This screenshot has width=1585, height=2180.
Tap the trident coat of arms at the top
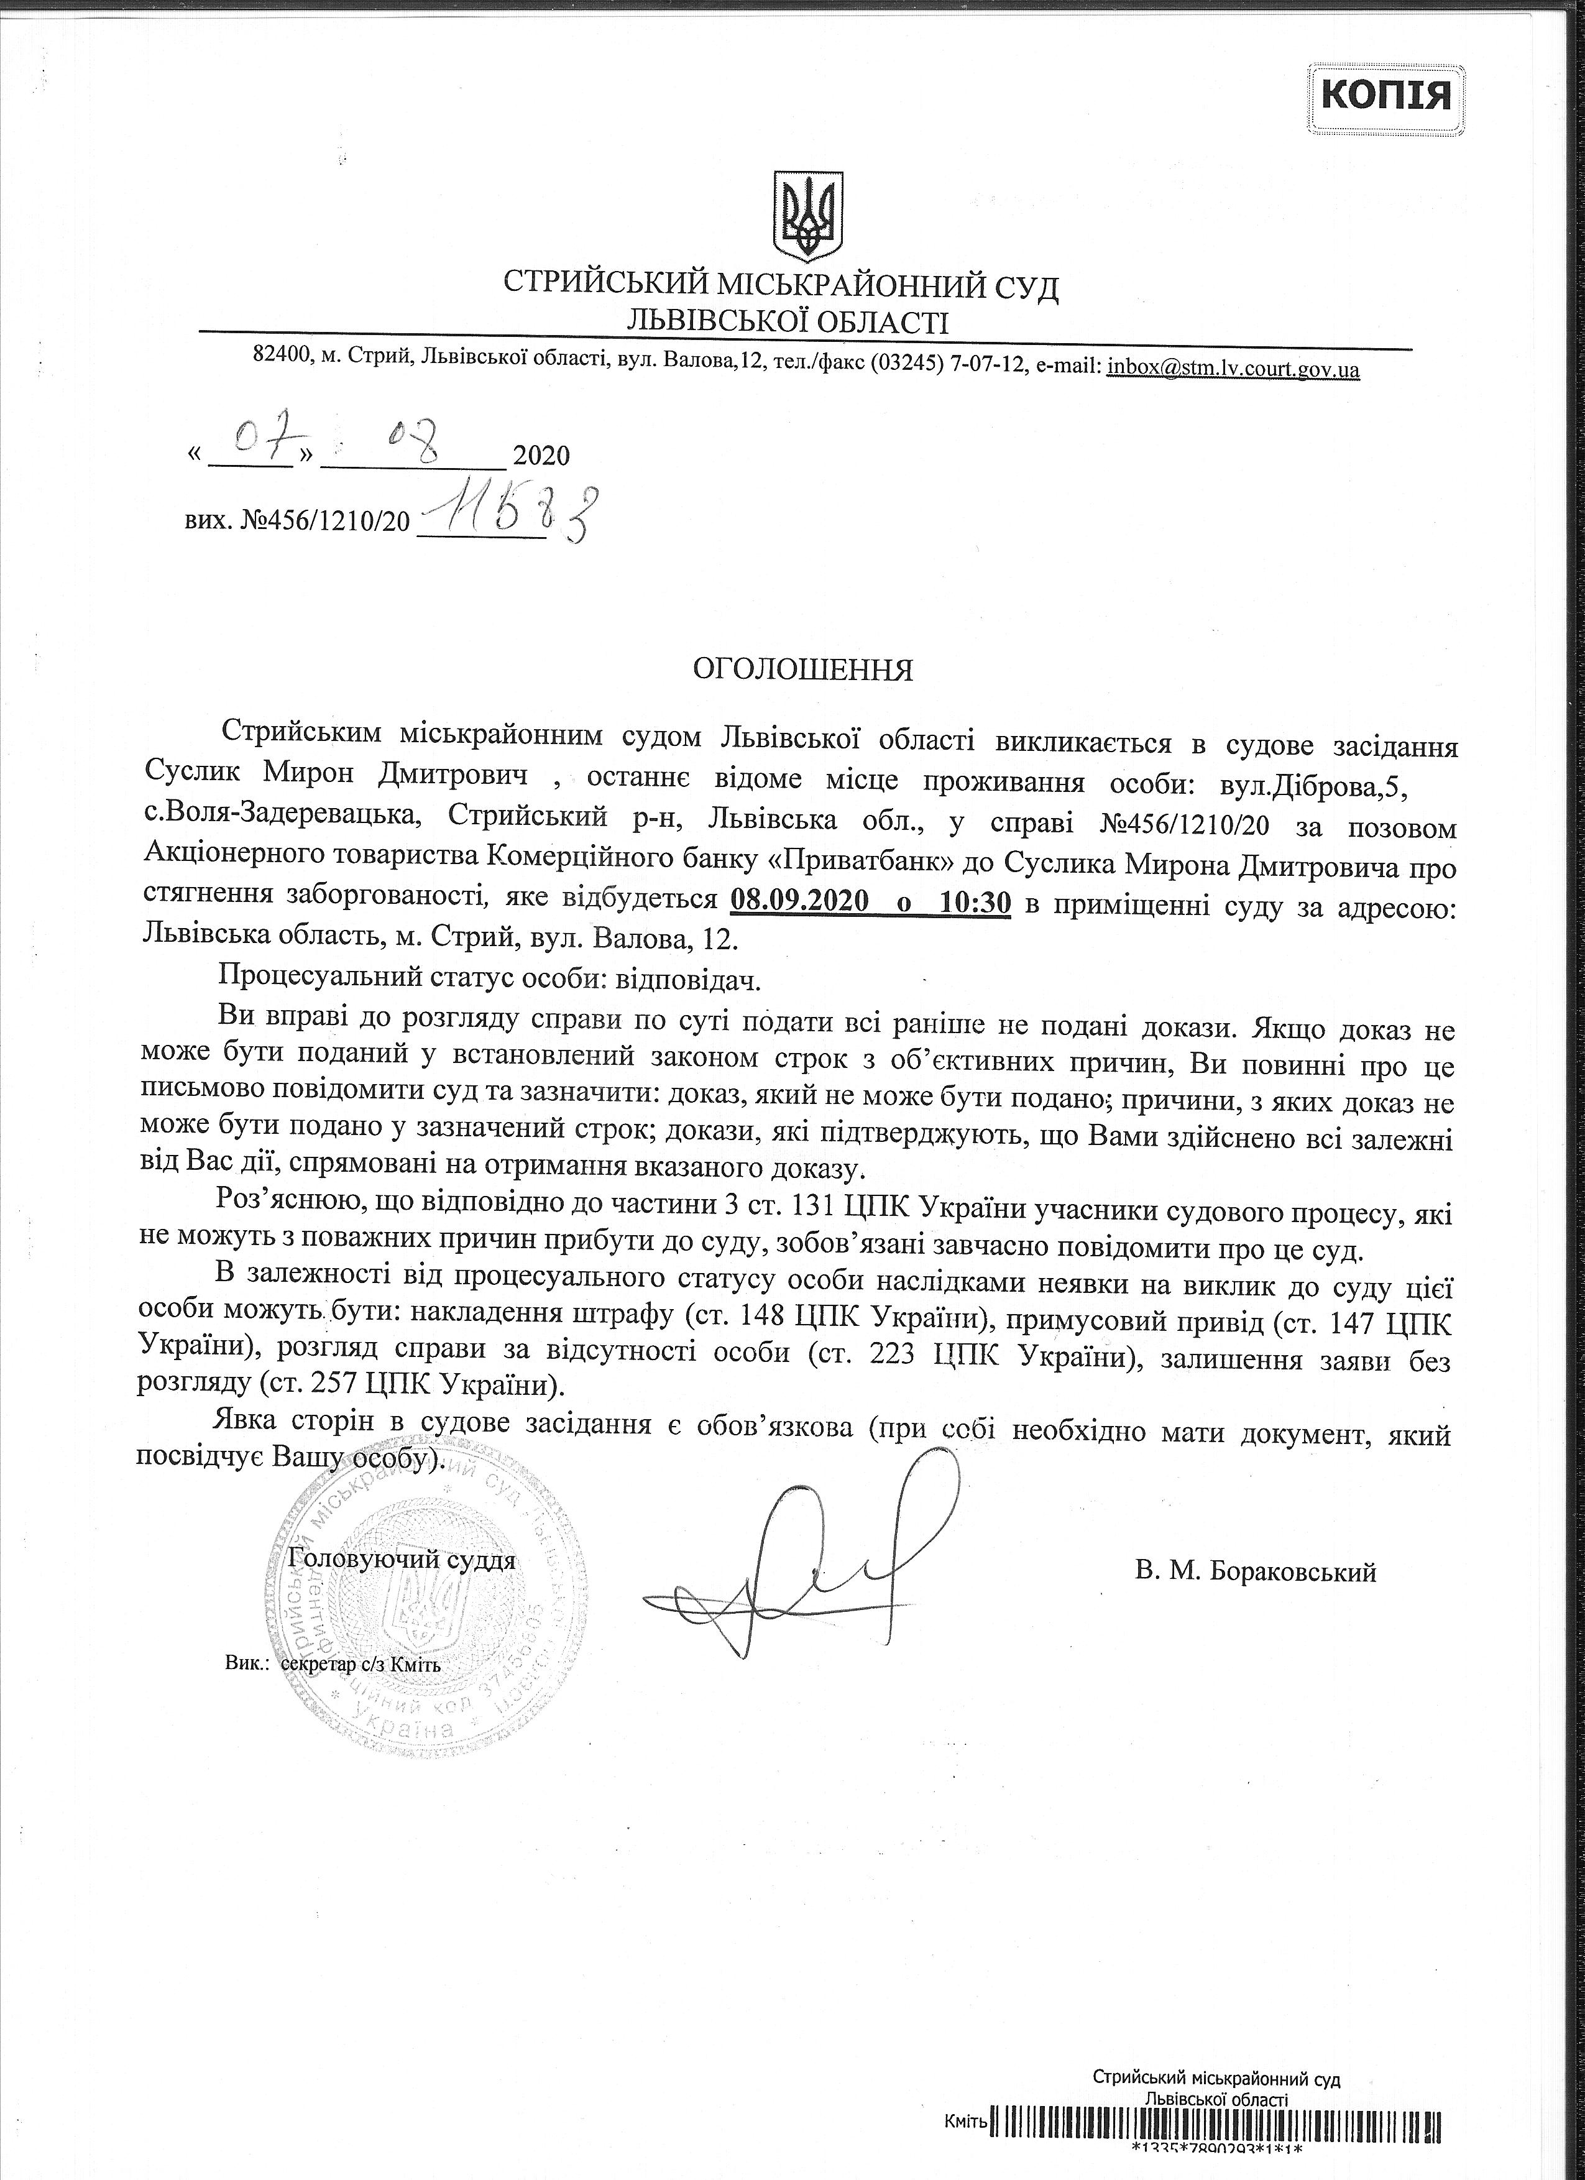pyautogui.click(x=809, y=216)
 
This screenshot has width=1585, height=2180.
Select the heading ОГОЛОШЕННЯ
pyautogui.click(x=804, y=670)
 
